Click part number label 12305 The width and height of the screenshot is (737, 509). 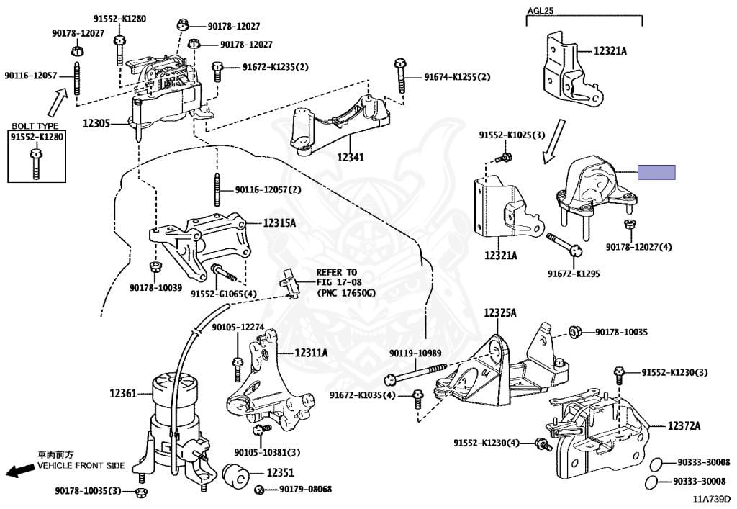click(95, 124)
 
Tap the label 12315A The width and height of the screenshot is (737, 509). click(279, 223)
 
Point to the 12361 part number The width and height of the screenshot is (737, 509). click(122, 393)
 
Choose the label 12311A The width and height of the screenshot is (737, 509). click(311, 353)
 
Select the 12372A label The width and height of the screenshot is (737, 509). click(684, 425)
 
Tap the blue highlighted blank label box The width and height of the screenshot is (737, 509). click(656, 172)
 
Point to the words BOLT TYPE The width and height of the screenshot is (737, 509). click(35, 126)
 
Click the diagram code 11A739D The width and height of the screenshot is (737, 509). click(711, 498)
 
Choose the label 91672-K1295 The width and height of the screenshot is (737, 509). click(574, 274)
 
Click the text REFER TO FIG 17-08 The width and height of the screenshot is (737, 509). click(336, 283)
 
